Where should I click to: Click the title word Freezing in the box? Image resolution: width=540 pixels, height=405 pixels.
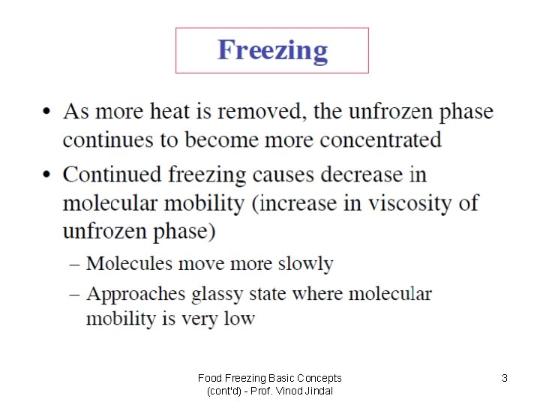coord(272,51)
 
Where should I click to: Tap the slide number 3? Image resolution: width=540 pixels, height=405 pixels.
coord(505,379)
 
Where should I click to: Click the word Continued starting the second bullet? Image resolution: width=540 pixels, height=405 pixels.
coord(111,175)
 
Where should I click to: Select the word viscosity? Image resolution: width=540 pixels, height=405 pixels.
coord(408,203)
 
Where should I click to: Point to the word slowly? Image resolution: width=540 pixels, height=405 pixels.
coord(304,264)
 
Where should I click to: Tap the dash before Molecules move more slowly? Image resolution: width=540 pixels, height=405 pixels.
coord(76,265)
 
